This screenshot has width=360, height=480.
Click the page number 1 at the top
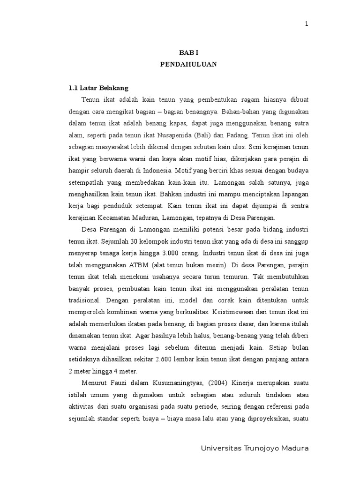(307, 25)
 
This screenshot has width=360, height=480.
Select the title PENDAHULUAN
(189, 65)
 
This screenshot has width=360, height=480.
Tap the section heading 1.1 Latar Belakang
(98, 88)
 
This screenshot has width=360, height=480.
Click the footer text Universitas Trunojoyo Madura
(255, 448)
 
